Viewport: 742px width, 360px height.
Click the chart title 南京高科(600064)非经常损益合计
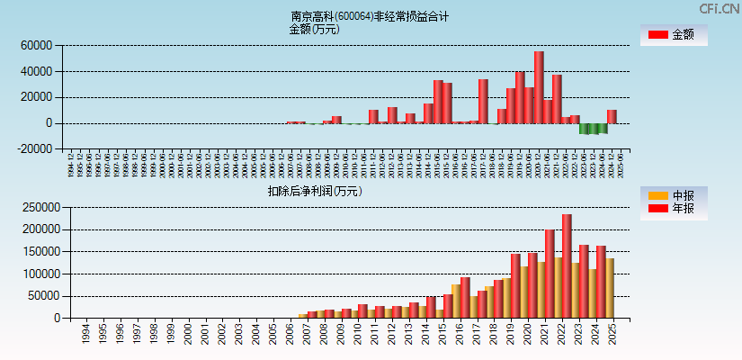(x=370, y=16)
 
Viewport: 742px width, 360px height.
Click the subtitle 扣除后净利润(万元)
(x=314, y=191)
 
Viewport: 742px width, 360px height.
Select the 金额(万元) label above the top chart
(x=314, y=29)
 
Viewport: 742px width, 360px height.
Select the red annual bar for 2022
(x=567, y=265)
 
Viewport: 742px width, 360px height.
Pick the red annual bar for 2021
(x=550, y=274)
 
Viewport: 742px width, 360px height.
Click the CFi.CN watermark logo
(x=719, y=8)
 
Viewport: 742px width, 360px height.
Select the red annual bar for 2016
(x=465, y=297)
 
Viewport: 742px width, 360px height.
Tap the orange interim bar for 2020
(x=524, y=292)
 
